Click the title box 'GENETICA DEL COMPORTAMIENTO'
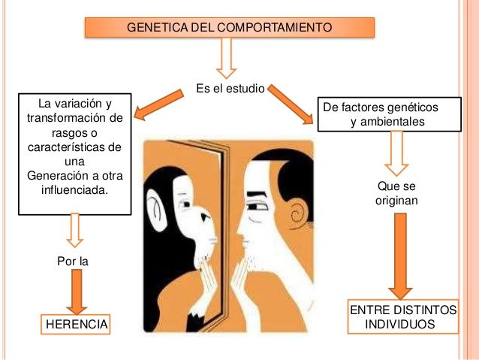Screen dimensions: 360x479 coord(229,28)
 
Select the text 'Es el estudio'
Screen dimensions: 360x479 coord(230,89)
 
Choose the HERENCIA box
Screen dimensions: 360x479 coord(76,324)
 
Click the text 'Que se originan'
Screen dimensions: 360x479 coord(396,194)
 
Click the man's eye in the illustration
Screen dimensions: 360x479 coord(260,204)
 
